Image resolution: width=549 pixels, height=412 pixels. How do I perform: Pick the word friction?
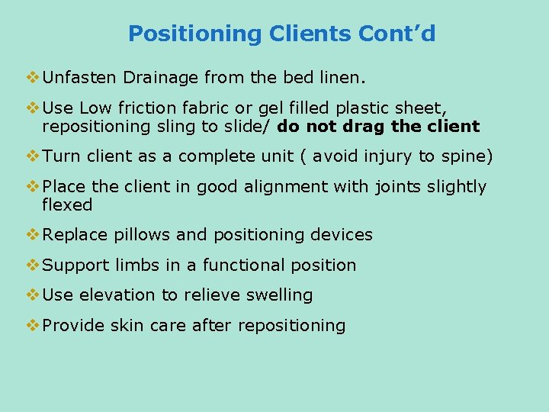coord(146,108)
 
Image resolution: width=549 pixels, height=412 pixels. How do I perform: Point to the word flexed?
coord(67,205)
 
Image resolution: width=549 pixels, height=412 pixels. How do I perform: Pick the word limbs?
coord(137,266)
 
